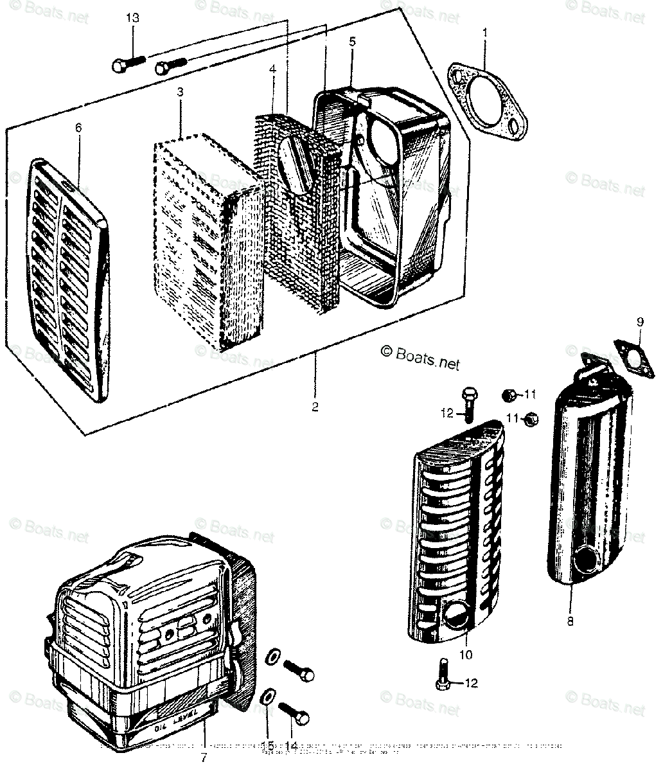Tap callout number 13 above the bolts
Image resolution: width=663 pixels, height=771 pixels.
point(132,18)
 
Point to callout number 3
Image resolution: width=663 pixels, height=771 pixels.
point(180,93)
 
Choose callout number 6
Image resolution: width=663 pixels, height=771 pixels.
point(78,128)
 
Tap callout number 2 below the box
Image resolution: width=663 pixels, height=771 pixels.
point(315,407)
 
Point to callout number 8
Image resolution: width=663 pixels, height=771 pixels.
point(570,621)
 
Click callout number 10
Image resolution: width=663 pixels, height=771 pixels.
point(465,655)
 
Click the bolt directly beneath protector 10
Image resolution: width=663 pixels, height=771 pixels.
point(443,682)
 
